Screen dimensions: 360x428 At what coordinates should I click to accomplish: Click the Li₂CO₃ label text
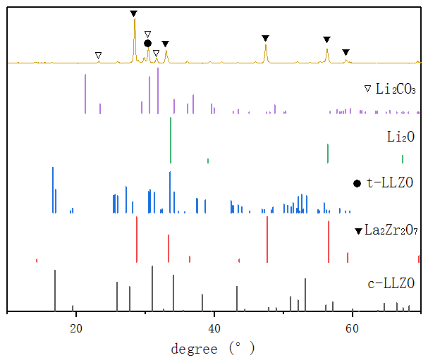396,89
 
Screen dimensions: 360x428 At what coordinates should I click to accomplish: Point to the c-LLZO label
391,285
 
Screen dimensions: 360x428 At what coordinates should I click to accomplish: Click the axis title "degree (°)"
212,348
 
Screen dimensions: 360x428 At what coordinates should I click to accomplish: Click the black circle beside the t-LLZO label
357,183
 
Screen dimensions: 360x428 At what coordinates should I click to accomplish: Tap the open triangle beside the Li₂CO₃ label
367,89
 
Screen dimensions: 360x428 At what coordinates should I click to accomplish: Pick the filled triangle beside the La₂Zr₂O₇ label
359,230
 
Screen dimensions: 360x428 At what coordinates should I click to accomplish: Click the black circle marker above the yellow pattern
147,44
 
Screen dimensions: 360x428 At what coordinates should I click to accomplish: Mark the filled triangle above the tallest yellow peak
134,13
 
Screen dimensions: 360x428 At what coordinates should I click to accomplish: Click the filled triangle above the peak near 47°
265,38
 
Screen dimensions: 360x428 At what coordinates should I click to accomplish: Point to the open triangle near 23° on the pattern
98,55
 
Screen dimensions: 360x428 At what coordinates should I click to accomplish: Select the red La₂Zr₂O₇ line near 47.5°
267,240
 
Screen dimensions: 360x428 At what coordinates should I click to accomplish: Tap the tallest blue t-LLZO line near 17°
53,190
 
